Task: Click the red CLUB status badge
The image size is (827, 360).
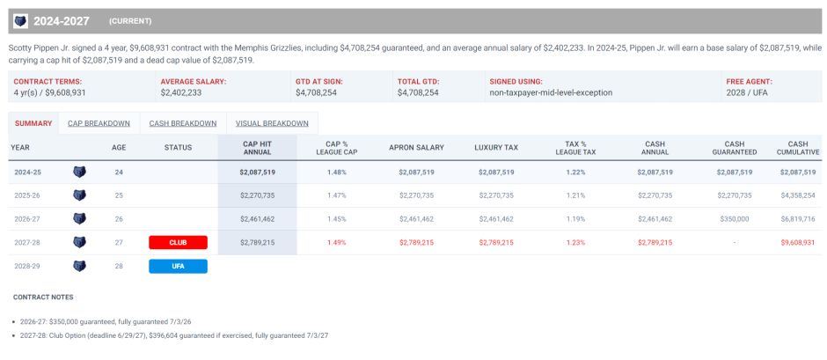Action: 178,242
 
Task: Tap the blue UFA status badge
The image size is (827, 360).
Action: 178,266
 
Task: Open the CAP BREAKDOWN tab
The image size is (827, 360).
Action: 99,123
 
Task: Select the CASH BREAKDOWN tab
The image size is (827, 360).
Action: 182,123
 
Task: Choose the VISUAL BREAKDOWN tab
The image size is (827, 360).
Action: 271,123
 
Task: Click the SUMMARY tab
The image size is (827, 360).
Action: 33,123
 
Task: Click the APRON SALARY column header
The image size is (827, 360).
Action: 416,148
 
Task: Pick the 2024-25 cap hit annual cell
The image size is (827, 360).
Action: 257,173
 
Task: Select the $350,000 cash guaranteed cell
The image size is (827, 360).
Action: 734,218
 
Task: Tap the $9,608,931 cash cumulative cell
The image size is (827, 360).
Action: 797,242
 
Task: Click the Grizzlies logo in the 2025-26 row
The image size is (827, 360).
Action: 79,195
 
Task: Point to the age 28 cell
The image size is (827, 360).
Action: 119,266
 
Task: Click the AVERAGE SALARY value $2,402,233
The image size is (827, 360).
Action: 180,92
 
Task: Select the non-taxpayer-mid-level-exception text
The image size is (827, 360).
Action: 550,92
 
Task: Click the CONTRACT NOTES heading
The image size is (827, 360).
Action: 43,298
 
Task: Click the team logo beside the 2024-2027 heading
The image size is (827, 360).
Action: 20,20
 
